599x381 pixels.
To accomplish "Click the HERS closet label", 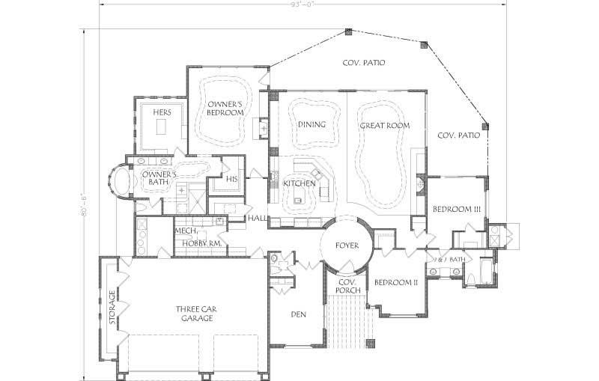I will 162,112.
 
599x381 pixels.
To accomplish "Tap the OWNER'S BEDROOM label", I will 225,108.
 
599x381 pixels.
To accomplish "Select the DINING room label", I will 311,124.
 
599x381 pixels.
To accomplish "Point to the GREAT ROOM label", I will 385,126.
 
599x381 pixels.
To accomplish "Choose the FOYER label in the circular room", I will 347,245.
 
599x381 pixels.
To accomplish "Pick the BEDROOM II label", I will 395,282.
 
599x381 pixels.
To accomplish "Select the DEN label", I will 299,314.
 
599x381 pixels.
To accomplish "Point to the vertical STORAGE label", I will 112,308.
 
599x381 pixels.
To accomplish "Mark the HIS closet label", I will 231,180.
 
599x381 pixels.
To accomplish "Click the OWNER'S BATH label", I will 159,178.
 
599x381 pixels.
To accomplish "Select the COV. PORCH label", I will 348,286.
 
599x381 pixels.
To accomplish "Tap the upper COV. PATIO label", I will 364,64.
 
